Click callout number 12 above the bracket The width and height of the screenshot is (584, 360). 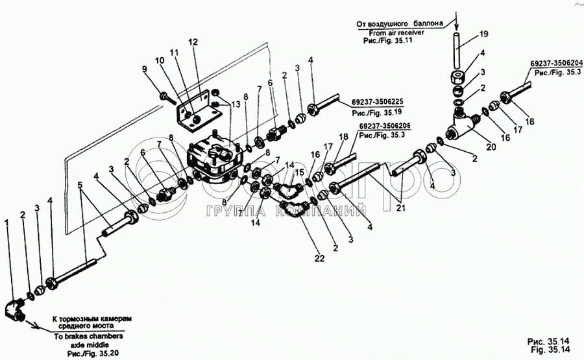tap(193, 42)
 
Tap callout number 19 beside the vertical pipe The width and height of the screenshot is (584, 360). tap(483, 34)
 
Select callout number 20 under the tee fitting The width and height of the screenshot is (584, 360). tap(491, 147)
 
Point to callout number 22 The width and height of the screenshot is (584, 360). tap(319, 258)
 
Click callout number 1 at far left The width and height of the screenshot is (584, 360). tap(6, 222)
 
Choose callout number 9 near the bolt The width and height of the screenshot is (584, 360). tap(145, 69)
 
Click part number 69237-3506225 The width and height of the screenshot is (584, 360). tap(376, 102)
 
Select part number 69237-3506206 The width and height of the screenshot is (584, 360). tap(385, 126)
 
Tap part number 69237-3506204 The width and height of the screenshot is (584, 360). tap(557, 64)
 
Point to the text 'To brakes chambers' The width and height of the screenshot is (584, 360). tap(88, 336)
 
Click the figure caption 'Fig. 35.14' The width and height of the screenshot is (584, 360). tap(550, 350)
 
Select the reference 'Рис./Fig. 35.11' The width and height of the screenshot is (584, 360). tap(387, 41)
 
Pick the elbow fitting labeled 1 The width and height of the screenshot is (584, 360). tap(15, 311)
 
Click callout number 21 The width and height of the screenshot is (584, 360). tap(400, 208)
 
